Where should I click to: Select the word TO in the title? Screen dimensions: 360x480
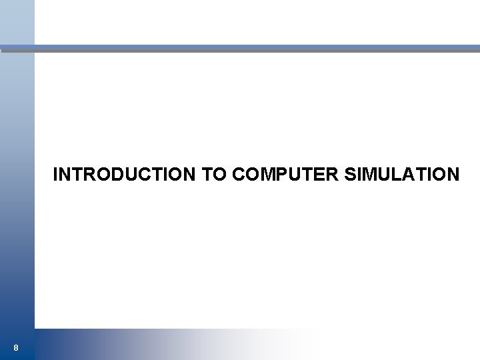pos(214,175)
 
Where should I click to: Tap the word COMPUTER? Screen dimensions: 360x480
pos(286,175)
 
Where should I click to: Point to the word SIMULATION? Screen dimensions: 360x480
pos(402,175)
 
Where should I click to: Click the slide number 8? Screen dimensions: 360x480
pos(15,347)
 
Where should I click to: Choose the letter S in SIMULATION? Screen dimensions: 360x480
pos(351,175)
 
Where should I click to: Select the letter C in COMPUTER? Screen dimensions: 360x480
pos(239,175)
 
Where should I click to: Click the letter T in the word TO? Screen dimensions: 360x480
pos(207,175)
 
